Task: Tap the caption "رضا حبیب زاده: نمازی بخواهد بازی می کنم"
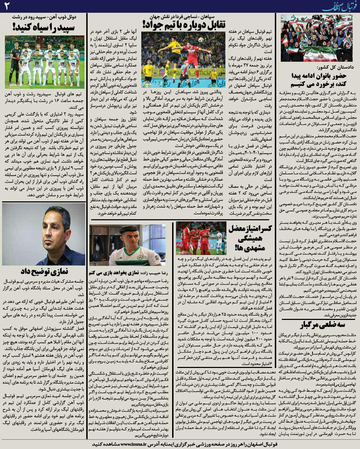(x=127, y=272)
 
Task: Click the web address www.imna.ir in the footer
(x=142, y=444)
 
